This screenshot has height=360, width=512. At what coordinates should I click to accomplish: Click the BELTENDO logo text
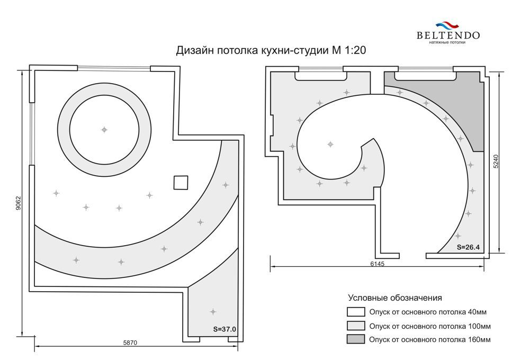[x=448, y=35]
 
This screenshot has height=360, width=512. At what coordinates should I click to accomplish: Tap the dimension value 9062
[x=18, y=203]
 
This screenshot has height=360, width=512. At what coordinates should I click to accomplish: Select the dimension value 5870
[x=130, y=343]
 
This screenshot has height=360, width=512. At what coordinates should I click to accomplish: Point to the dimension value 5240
[x=496, y=161]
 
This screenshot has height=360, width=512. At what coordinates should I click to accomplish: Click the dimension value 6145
[x=378, y=264]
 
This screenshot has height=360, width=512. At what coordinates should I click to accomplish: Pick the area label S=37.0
[x=224, y=329]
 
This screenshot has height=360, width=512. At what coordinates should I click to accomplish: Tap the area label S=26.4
[x=468, y=247]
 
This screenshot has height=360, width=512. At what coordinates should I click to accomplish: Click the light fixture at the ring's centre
[x=104, y=130]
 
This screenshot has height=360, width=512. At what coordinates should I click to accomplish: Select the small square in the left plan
[x=181, y=183]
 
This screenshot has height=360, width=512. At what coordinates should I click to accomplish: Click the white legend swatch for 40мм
[x=356, y=312]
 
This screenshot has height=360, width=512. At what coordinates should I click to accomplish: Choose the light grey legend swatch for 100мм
[x=356, y=326]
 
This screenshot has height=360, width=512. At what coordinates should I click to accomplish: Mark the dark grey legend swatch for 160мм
[x=356, y=339]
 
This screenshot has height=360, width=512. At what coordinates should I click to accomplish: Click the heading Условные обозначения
[x=395, y=298]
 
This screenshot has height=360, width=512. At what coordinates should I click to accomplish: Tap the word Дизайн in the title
[x=195, y=51]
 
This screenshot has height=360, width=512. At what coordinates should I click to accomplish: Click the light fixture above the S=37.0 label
[x=213, y=312]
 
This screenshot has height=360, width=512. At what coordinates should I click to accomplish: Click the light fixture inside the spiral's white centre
[x=330, y=144]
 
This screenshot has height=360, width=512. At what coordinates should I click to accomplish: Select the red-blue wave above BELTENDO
[x=447, y=25]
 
